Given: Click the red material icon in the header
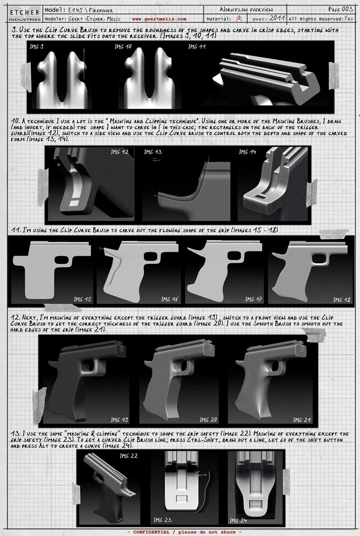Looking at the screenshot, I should (x=239, y=19).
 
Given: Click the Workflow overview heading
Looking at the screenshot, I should (x=246, y=9).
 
